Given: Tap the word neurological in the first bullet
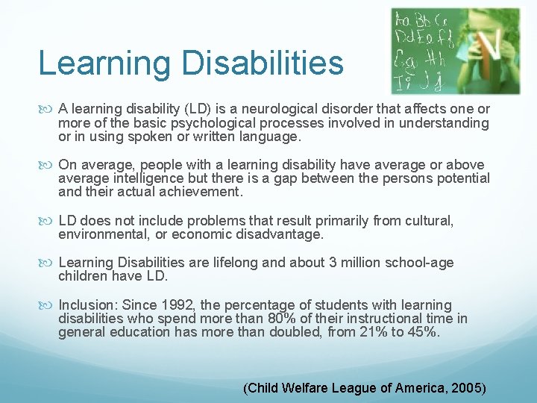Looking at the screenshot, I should point(288,110).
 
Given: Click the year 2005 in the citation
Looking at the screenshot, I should point(468,388).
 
